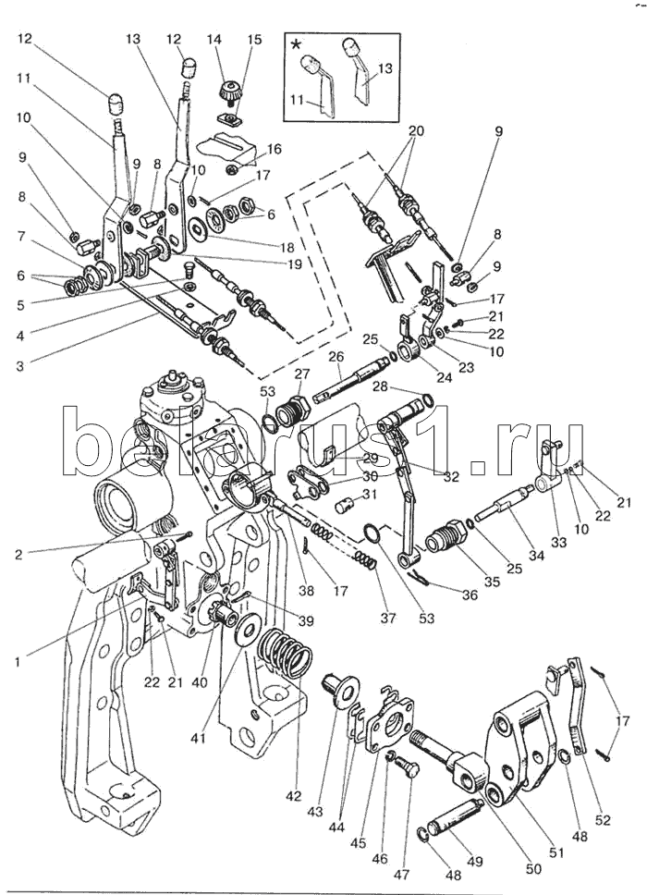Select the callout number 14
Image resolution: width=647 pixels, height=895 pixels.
214,40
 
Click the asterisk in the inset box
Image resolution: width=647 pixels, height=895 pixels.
295,43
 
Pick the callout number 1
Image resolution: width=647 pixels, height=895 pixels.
17,663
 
